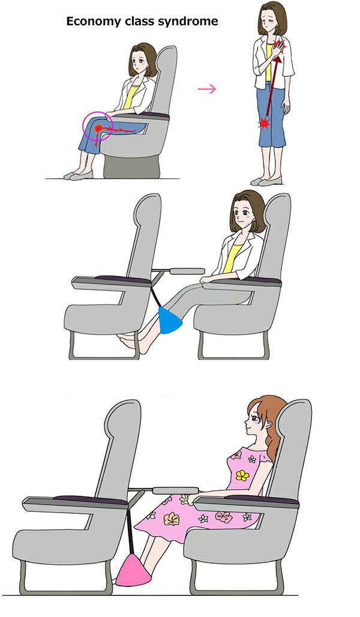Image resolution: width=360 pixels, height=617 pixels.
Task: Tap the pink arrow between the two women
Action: (207, 89)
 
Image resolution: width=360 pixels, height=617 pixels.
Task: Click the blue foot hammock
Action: (170, 321)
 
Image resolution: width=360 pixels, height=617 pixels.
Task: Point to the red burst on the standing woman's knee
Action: (264, 124)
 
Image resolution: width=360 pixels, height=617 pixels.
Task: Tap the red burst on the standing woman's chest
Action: (279, 46)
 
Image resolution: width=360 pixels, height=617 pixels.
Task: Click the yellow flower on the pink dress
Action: (242, 475)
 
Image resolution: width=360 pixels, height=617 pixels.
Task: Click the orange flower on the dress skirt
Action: (171, 519)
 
